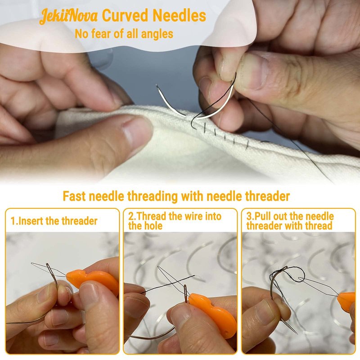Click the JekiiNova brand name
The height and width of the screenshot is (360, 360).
68,16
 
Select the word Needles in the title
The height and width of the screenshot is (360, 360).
179,16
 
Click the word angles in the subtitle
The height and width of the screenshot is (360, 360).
157,34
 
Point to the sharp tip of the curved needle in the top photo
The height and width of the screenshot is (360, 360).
157,85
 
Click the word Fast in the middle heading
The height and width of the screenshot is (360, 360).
74,197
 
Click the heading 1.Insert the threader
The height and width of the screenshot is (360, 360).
54,221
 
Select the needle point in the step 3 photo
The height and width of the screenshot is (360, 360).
296,333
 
